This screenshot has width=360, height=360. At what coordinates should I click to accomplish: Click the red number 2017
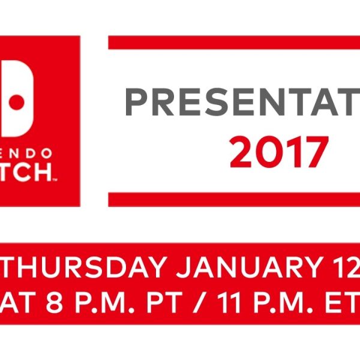278,152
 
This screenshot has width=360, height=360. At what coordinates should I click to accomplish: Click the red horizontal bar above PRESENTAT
234,43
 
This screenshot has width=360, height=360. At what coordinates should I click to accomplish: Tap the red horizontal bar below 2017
234,199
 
